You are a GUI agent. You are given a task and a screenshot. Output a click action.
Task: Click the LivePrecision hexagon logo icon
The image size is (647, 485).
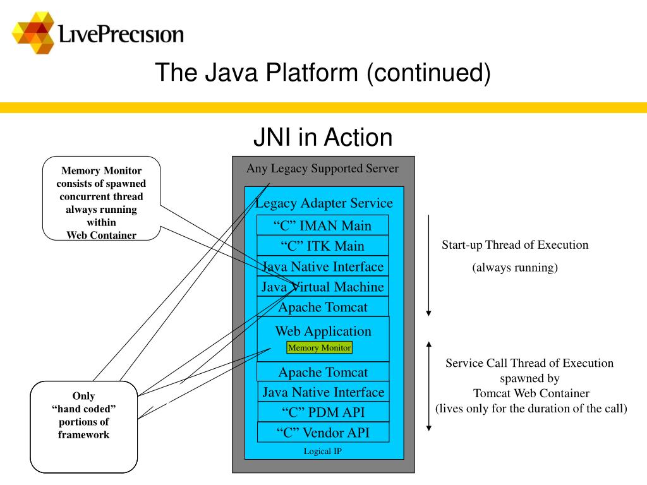pyautogui.click(x=33, y=33)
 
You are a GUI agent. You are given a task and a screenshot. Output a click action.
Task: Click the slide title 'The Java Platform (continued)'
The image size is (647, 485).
pyautogui.click(x=323, y=73)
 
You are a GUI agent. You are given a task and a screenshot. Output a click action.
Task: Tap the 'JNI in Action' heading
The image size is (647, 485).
pyautogui.click(x=323, y=137)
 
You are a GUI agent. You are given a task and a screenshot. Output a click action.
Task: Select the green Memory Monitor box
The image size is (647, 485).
pyautogui.click(x=319, y=348)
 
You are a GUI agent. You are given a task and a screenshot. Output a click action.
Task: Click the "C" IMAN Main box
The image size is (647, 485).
pyautogui.click(x=322, y=225)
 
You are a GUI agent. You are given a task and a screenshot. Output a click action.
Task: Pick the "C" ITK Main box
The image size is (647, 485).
pyautogui.click(x=322, y=246)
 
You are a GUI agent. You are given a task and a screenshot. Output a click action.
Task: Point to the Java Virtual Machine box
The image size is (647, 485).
pyautogui.click(x=322, y=286)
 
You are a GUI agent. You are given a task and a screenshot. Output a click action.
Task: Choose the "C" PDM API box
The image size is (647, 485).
pyautogui.click(x=323, y=412)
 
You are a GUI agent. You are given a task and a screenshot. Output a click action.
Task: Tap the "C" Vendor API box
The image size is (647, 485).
pyautogui.click(x=323, y=432)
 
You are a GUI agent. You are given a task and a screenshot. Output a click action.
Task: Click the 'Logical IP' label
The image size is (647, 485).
pyautogui.click(x=323, y=451)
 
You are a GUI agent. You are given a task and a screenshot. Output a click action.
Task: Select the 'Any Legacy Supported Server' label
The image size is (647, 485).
pyautogui.click(x=323, y=168)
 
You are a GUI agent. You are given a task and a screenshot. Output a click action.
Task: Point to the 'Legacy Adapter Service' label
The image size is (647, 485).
pyautogui.click(x=324, y=203)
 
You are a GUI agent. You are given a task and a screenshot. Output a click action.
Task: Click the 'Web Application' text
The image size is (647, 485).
pyautogui.click(x=323, y=331)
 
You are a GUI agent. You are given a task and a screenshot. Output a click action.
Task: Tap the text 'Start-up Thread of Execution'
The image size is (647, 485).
pyautogui.click(x=515, y=245)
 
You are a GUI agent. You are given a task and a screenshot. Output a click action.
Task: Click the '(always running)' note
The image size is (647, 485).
pyautogui.click(x=515, y=268)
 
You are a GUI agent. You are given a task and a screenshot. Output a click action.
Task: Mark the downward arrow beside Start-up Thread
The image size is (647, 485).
pyautogui.click(x=429, y=266)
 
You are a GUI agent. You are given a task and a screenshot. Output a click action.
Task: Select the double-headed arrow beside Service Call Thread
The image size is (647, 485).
pyautogui.click(x=429, y=386)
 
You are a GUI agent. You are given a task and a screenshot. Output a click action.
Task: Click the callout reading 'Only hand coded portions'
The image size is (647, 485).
pyautogui.click(x=84, y=427)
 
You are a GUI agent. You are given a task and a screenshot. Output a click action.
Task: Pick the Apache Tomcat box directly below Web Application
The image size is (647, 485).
pyautogui.click(x=323, y=371)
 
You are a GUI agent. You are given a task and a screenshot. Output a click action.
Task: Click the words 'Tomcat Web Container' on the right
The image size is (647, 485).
pyautogui.click(x=531, y=393)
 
